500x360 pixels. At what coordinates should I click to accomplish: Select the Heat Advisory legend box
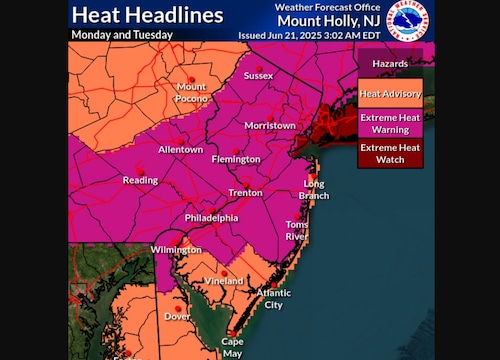[391, 95]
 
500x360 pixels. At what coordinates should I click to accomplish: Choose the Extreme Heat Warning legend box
[391, 124]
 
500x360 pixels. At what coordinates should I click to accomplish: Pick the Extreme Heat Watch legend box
[391, 155]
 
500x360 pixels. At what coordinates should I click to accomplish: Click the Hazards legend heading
[391, 63]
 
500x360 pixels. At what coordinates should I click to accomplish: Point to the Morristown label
[271, 126]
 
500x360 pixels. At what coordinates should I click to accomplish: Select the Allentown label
[180, 150]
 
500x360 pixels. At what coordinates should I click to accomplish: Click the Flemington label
[236, 159]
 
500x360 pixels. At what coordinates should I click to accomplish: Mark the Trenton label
[245, 191]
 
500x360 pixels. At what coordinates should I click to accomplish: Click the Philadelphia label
[211, 217]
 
